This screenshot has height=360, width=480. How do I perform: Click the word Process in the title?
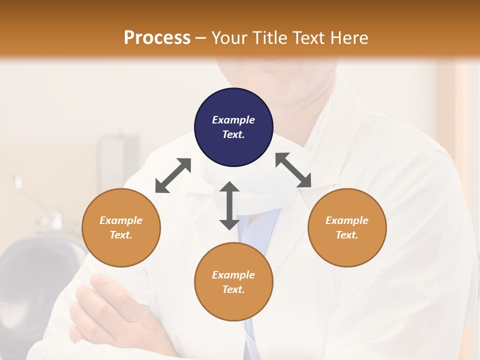click(x=157, y=38)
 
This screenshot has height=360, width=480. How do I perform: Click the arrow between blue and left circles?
click(x=173, y=175)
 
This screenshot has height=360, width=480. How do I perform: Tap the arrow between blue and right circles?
click(x=293, y=170)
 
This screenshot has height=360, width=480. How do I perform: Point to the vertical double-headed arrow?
click(x=229, y=205)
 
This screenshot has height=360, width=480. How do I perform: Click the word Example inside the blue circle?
click(x=233, y=120)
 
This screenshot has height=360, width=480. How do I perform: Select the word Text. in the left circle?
click(x=121, y=235)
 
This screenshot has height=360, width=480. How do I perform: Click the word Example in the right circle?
click(x=347, y=220)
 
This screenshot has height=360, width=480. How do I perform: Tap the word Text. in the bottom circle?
click(x=233, y=289)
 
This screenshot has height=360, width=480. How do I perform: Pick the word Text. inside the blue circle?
click(x=233, y=134)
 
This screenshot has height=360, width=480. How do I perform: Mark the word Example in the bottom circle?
click(x=233, y=275)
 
